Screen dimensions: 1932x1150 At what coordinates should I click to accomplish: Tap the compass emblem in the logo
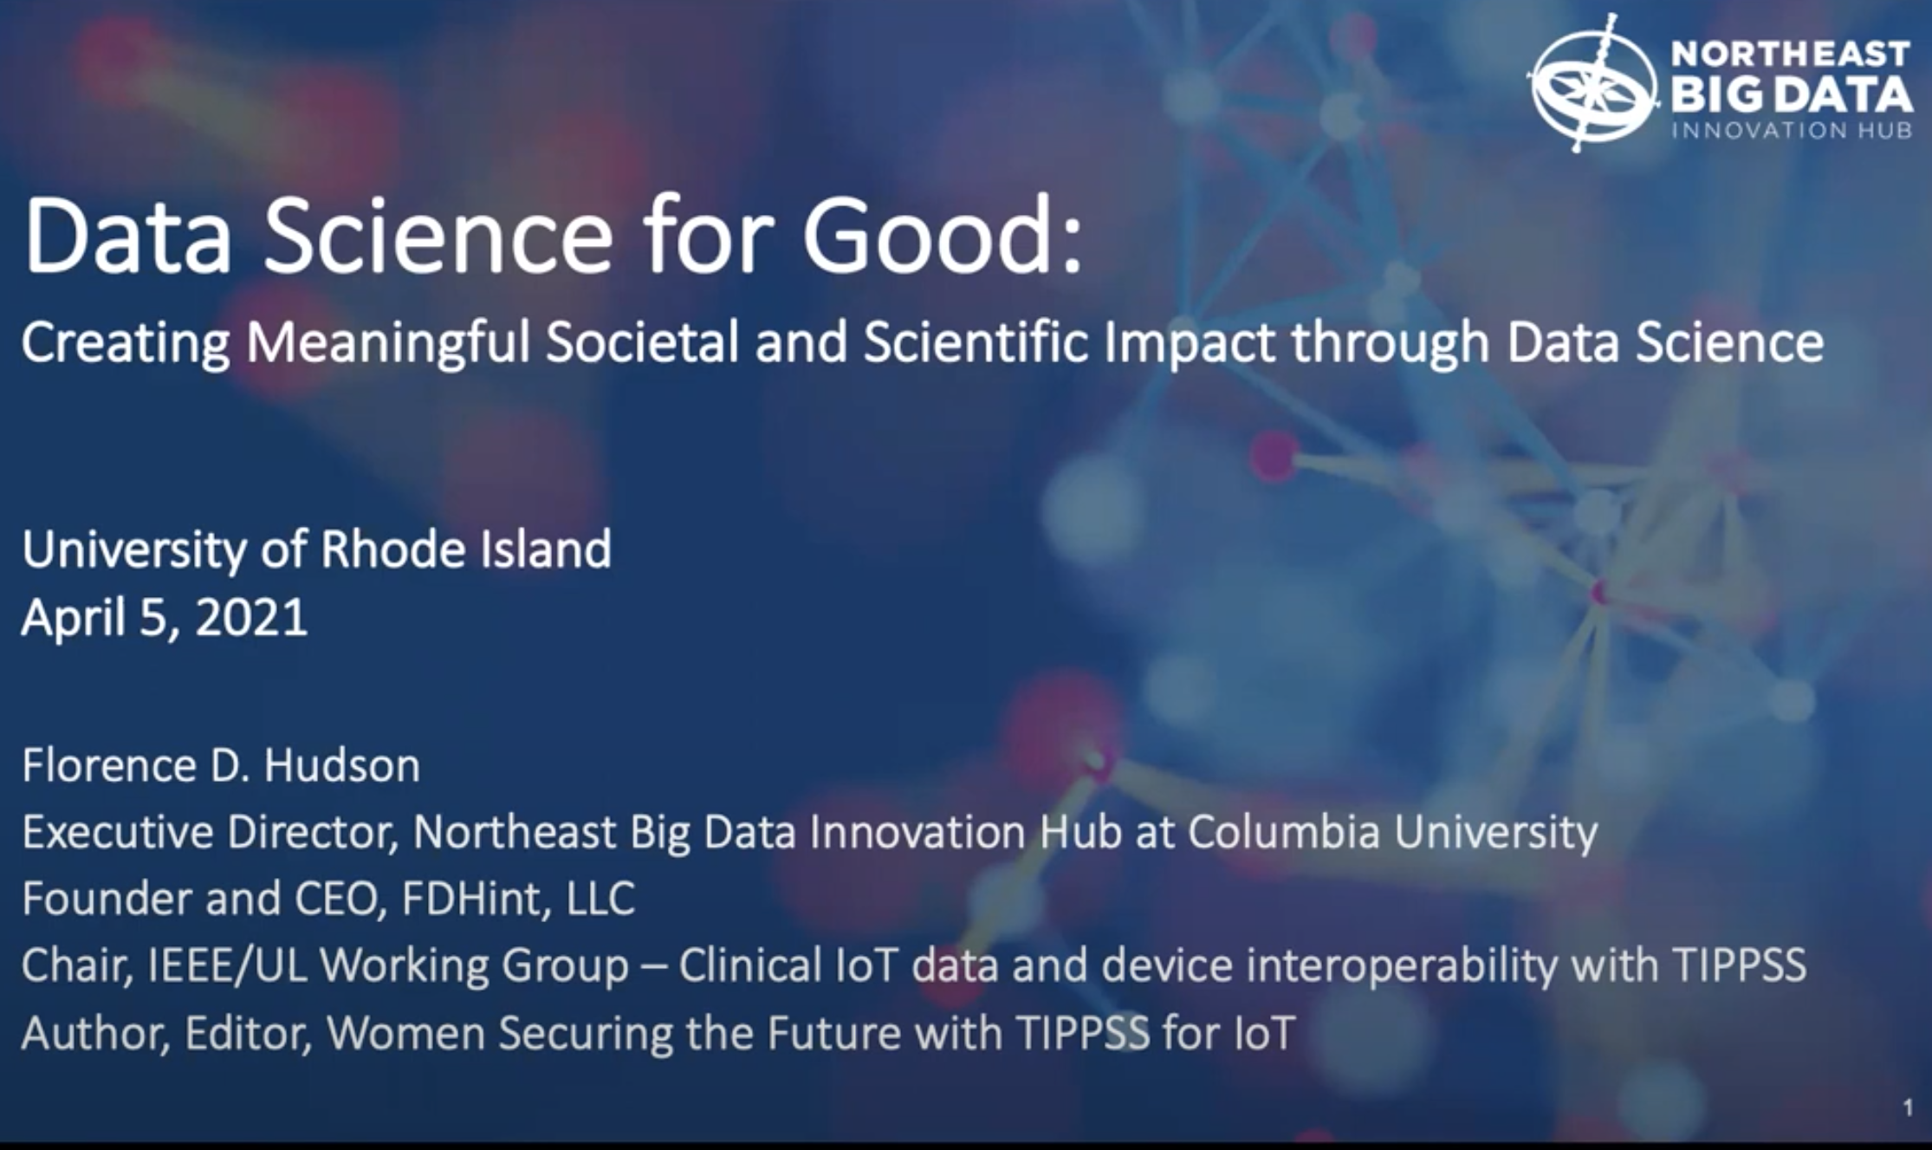1592,83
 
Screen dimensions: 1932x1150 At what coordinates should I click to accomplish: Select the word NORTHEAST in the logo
1790,55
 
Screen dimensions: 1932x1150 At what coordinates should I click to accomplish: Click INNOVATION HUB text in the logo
1792,130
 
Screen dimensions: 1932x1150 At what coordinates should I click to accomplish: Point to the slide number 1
1907,1108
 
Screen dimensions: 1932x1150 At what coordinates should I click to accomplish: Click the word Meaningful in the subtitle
387,343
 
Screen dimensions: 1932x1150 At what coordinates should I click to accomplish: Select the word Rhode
393,549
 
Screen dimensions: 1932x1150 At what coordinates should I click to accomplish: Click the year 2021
251,617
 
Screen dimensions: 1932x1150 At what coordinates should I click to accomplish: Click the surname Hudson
342,766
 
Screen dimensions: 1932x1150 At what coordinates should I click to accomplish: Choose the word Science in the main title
438,234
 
